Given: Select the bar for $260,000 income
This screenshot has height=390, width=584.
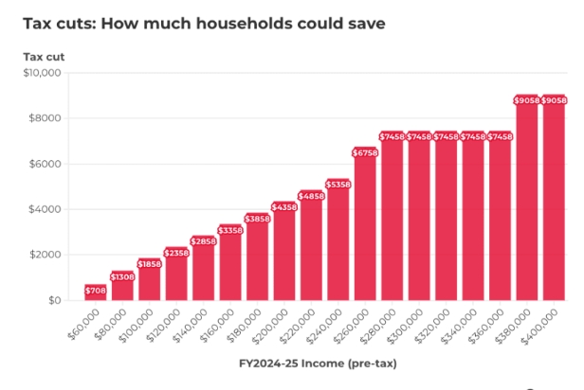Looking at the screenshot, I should (x=365, y=227).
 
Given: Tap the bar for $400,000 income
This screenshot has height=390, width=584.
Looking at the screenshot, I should (x=554, y=204).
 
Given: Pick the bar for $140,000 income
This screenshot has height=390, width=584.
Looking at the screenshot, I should (x=204, y=272).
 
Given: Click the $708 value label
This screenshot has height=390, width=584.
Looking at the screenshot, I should (x=96, y=290).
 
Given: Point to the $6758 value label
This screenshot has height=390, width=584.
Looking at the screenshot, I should (x=365, y=151).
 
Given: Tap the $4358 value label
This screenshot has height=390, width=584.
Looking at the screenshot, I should (x=284, y=206).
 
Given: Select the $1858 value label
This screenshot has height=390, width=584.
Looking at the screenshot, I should (x=150, y=264).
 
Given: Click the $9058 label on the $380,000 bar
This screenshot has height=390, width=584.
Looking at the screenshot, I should (x=527, y=100).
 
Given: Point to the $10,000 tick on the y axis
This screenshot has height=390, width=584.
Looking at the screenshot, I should (x=42, y=73).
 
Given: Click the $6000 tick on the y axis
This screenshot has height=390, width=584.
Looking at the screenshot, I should (x=45, y=164).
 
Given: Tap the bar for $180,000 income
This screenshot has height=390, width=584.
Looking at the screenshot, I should (x=257, y=258).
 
